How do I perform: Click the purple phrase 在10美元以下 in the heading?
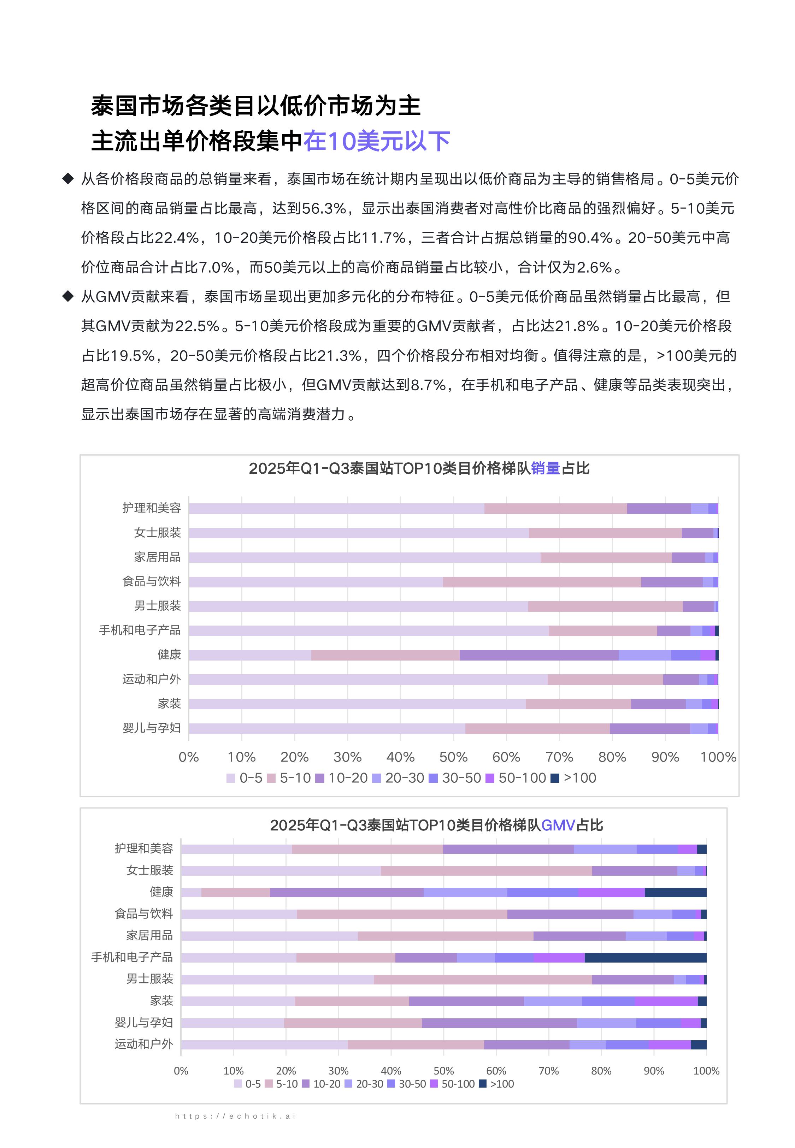[377, 141]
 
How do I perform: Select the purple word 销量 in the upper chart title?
[546, 468]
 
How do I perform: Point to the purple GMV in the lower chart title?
[558, 826]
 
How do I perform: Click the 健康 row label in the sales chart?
[169, 655]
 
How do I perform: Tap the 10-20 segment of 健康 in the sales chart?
[539, 655]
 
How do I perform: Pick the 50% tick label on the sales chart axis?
[453, 757]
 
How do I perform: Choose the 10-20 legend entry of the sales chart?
[342, 778]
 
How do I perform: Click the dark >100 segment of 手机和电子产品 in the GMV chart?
[646, 957]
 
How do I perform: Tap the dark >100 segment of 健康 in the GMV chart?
[676, 893]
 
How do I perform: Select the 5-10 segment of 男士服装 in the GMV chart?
[483, 979]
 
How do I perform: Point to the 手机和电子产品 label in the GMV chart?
[132, 957]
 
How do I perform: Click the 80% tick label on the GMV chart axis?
[601, 1071]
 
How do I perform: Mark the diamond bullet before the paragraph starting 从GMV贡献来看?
[68, 297]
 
